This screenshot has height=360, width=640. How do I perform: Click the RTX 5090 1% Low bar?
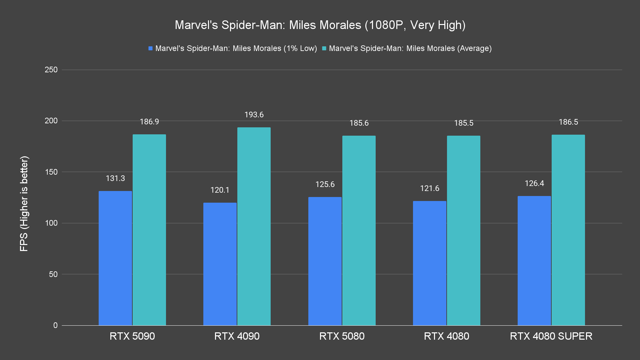tap(115, 258)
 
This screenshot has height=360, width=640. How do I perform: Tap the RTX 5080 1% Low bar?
tap(325, 261)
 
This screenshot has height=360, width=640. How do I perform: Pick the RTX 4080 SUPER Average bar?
tap(568, 230)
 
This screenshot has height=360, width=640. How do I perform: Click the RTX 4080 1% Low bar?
tap(430, 263)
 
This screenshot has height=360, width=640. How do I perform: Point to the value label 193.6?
tap(254, 115)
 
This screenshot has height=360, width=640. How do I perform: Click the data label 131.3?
tap(115, 178)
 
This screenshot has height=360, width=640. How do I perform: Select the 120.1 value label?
tap(220, 190)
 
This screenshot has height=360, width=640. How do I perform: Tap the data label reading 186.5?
tap(568, 122)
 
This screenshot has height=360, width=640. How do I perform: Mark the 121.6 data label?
tap(430, 188)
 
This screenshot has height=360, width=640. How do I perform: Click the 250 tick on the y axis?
tap(51, 70)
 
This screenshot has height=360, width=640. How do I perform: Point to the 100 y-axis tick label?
tap(51, 223)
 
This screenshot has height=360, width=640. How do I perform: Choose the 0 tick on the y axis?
tap(55, 325)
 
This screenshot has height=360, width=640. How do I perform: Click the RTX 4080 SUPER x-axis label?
tap(551, 336)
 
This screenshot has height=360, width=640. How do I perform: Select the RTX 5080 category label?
tap(342, 336)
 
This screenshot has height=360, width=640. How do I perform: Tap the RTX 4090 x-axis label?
tap(237, 336)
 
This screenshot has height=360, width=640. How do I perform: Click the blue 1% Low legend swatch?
tap(151, 48)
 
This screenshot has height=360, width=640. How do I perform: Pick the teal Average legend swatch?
tap(324, 48)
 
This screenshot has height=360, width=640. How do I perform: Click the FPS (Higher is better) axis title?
tap(24, 203)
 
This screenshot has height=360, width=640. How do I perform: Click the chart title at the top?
tap(320, 25)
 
